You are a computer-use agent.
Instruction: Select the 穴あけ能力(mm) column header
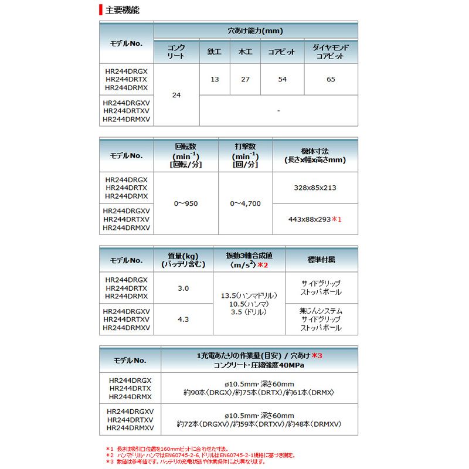255,30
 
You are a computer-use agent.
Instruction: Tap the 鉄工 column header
215,52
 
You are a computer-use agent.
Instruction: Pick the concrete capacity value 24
176,94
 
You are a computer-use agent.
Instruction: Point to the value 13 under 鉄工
215,79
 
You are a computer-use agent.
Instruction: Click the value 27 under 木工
245,79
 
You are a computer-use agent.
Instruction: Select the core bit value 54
283,79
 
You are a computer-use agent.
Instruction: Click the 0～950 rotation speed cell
186,203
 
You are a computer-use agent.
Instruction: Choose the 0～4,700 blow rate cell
245,203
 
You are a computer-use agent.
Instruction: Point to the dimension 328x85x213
315,188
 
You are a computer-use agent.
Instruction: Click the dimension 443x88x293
311,219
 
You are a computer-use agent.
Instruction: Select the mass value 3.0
183,288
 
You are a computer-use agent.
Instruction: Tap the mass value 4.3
183,320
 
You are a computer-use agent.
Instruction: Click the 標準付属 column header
321,259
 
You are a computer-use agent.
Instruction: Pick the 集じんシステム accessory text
321,311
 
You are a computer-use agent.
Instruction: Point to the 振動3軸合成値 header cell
249,256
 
